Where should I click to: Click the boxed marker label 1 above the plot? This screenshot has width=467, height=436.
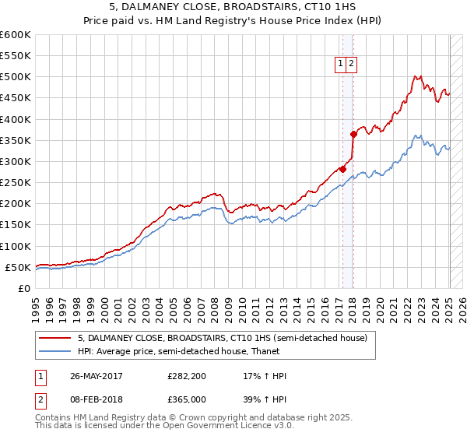click(342, 65)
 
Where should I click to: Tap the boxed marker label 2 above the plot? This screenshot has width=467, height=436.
click(351, 65)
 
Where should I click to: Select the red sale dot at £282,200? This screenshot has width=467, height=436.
click(342, 169)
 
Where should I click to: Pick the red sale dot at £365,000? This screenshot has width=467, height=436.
click(353, 134)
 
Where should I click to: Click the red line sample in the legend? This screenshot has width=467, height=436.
click(55, 338)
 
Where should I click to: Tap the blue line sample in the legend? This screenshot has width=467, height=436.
click(55, 352)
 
